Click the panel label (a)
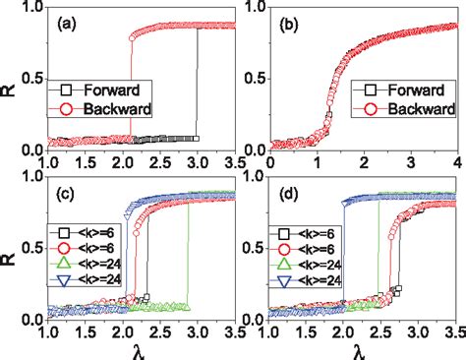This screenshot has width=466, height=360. [65, 24]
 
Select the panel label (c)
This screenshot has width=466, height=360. [65, 197]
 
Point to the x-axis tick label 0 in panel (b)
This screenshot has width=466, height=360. [269, 161]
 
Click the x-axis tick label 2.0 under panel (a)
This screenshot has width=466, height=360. [121, 161]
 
